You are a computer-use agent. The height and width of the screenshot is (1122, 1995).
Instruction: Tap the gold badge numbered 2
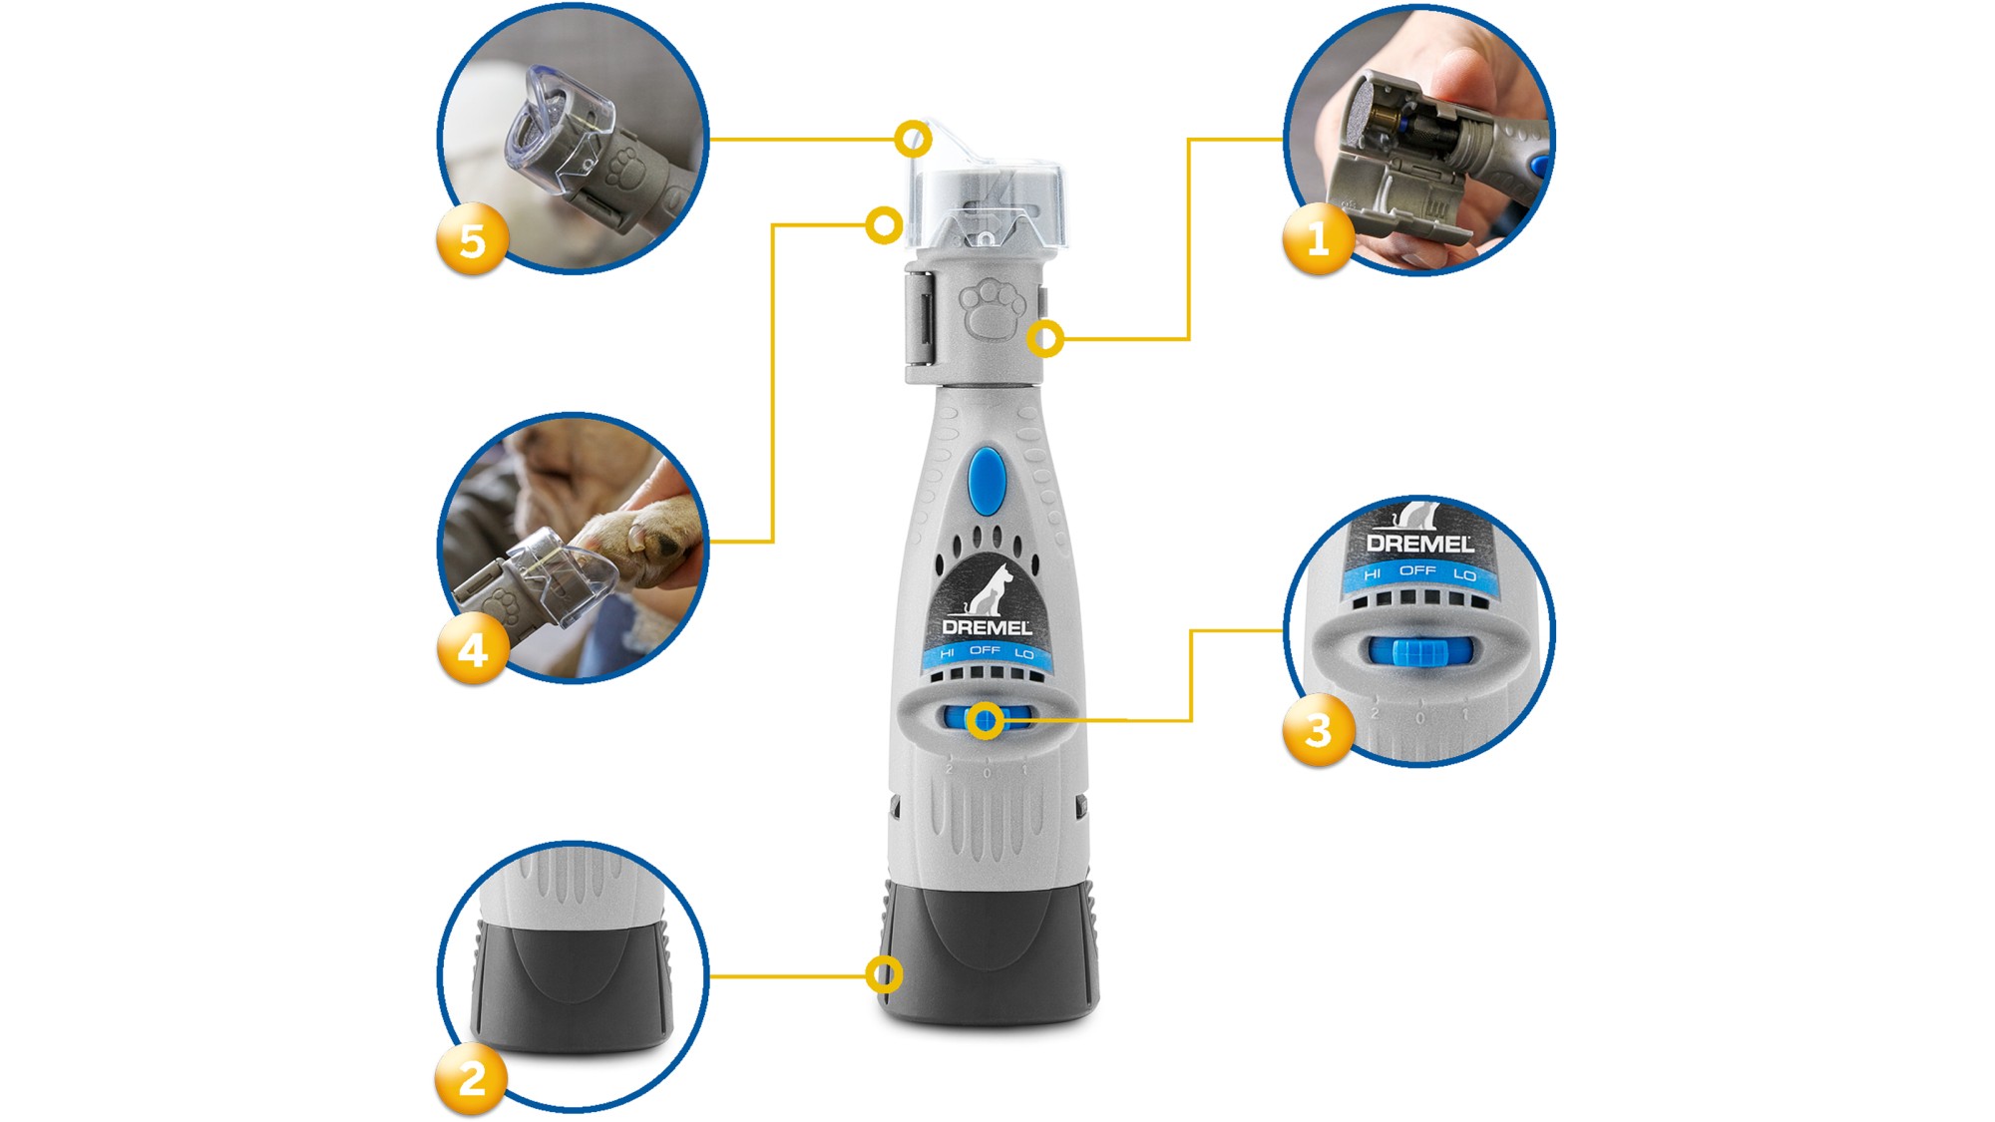(x=472, y=1079)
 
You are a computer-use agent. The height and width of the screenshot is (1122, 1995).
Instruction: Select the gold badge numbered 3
(x=1318, y=731)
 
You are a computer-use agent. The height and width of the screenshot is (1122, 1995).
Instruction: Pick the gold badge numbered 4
(x=472, y=650)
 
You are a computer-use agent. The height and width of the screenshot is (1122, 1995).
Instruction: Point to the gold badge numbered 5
(x=472, y=240)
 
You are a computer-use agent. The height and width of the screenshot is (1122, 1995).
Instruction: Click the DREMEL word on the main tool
(x=987, y=627)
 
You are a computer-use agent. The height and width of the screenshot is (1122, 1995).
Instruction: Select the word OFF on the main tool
(x=985, y=650)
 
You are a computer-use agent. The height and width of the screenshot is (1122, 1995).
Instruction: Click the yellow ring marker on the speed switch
(x=986, y=720)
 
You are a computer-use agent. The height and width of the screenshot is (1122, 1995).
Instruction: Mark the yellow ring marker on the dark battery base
(x=884, y=973)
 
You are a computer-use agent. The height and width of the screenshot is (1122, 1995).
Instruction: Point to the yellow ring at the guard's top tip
(x=913, y=139)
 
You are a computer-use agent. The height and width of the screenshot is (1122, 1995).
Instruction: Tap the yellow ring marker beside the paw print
(x=1044, y=339)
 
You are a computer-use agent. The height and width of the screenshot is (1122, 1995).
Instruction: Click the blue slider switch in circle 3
(x=1417, y=652)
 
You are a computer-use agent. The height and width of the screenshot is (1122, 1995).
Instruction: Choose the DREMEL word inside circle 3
(x=1418, y=544)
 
